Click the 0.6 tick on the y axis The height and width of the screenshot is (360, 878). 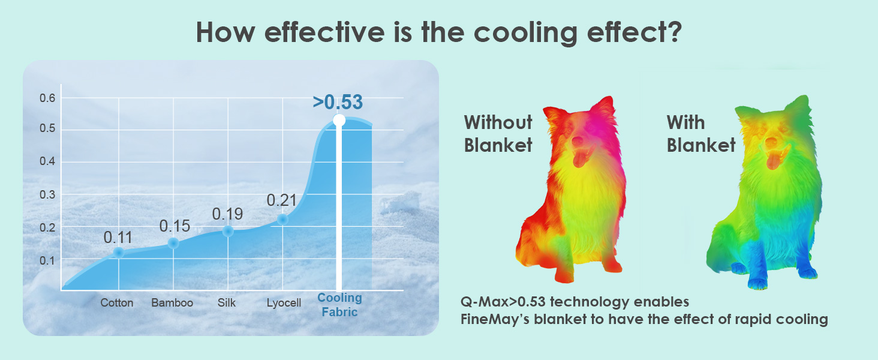[x=47, y=98]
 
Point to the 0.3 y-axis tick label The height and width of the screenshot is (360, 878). [x=47, y=194]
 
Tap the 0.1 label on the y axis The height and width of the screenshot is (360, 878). [x=47, y=260]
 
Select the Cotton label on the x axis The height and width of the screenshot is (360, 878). [x=117, y=303]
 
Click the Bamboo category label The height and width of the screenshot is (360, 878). [x=172, y=303]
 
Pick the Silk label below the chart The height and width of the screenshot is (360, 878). [x=227, y=303]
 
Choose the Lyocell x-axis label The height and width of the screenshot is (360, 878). [x=284, y=303]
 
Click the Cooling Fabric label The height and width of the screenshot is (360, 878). [x=339, y=305]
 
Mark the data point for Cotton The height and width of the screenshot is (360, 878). [x=118, y=253]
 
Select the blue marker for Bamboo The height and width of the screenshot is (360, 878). [x=173, y=243]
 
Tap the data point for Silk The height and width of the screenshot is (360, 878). [x=228, y=232]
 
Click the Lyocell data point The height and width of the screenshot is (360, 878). [x=282, y=220]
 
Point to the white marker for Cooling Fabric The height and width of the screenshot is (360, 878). [x=339, y=120]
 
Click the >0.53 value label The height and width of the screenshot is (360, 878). [x=338, y=102]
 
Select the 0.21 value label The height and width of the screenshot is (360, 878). [x=281, y=200]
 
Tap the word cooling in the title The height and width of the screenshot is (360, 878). [x=525, y=32]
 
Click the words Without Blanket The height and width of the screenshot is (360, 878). [x=498, y=134]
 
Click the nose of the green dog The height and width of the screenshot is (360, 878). [x=771, y=142]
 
